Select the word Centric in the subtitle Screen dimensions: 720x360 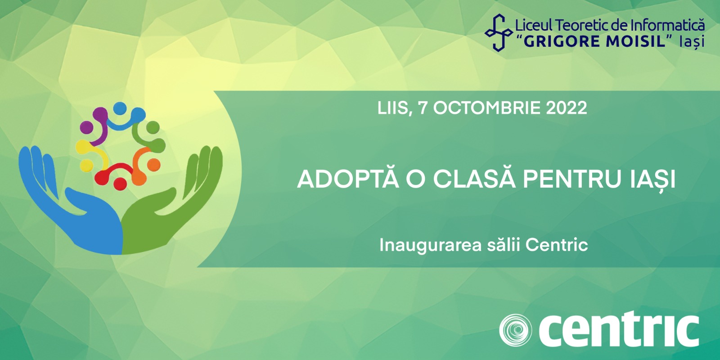click(x=557, y=245)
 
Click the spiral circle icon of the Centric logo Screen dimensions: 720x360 click(x=515, y=330)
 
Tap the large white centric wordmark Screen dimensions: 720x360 click(x=619, y=329)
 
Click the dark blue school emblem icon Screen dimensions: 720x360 click(x=499, y=32)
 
